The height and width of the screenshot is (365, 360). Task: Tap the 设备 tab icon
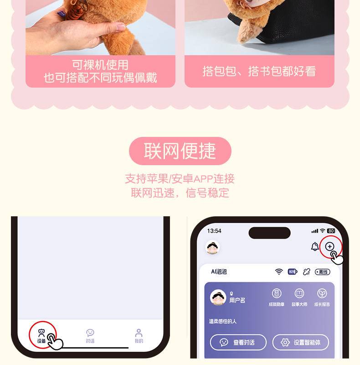click(41, 333)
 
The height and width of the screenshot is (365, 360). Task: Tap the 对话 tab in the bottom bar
click(90, 336)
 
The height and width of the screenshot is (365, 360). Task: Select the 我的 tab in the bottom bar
click(139, 336)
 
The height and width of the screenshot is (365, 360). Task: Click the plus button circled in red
click(329, 246)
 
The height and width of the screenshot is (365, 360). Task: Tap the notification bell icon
click(315, 246)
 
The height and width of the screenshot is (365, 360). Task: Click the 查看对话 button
click(238, 342)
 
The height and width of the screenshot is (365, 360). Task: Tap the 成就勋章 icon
click(277, 293)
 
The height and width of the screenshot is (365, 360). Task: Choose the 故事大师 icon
click(299, 293)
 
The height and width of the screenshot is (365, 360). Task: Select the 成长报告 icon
click(322, 293)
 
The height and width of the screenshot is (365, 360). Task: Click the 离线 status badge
click(322, 272)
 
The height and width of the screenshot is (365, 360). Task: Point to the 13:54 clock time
click(214, 231)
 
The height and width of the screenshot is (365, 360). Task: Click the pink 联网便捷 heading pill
click(180, 151)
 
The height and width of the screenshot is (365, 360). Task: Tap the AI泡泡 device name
click(219, 271)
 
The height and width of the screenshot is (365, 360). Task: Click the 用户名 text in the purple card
click(237, 300)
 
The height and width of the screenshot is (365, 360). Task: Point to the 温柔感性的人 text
click(222, 322)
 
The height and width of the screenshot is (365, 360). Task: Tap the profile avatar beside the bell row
click(212, 247)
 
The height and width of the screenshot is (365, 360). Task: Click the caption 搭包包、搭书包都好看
click(259, 71)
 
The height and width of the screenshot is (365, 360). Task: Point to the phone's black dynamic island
click(269, 233)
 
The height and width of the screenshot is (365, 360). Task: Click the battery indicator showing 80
click(331, 231)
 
